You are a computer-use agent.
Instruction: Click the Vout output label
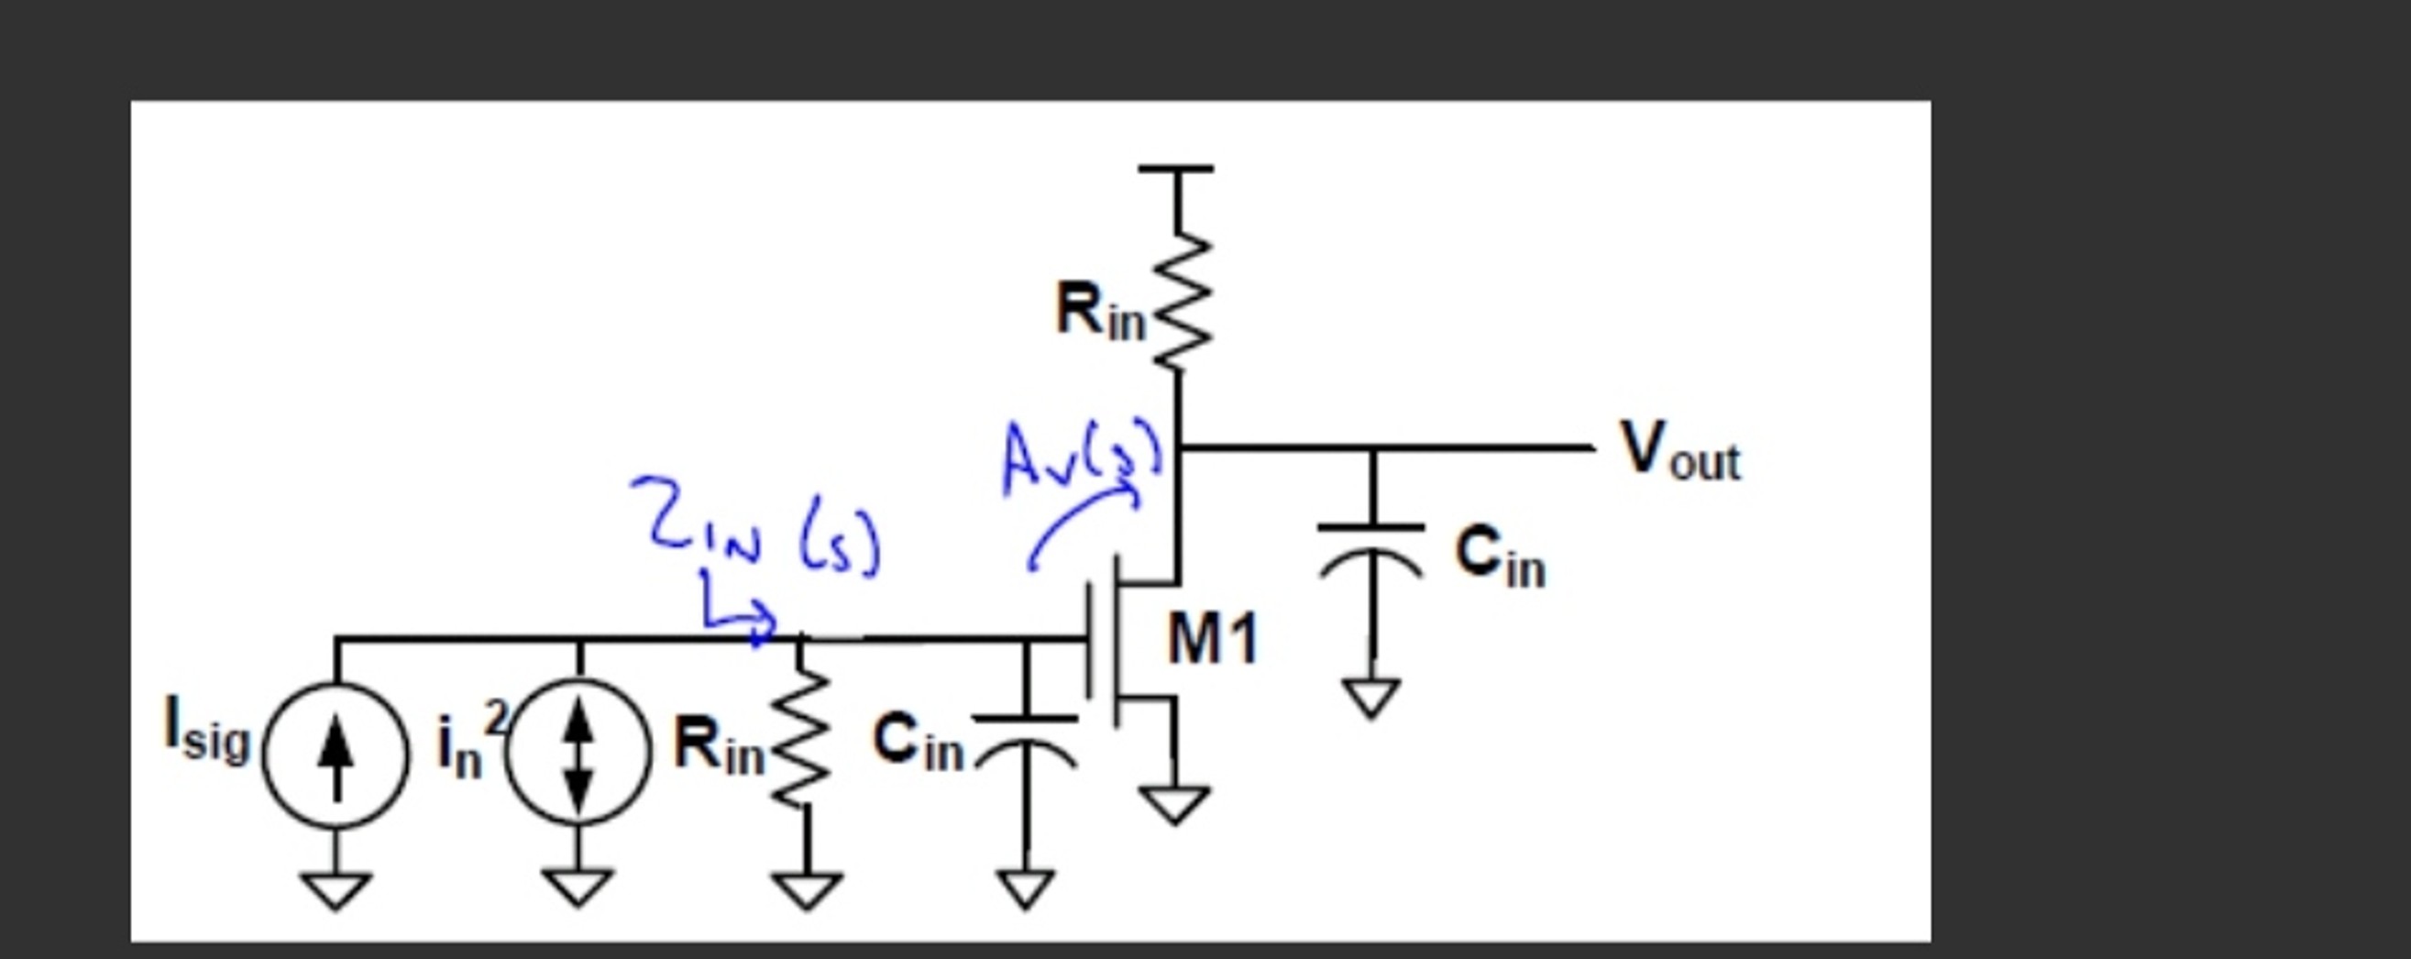pyautogui.click(x=1679, y=451)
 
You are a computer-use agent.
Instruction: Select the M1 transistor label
pyautogui.click(x=1212, y=640)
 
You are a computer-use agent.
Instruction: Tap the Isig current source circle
pyautogui.click(x=336, y=755)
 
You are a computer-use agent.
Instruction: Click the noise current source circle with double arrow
pyautogui.click(x=578, y=753)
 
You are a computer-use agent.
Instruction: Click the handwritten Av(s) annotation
pyautogui.click(x=1081, y=458)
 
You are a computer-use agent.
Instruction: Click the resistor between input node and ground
pyautogui.click(x=803, y=739)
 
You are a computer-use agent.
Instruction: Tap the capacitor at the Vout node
pyautogui.click(x=1371, y=552)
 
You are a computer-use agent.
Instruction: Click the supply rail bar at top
pyautogui.click(x=1176, y=170)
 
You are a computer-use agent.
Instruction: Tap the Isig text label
pyautogui.click(x=207, y=731)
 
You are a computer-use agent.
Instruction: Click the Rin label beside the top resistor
pyautogui.click(x=1100, y=312)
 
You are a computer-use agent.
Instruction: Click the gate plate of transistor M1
pyautogui.click(x=1090, y=640)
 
